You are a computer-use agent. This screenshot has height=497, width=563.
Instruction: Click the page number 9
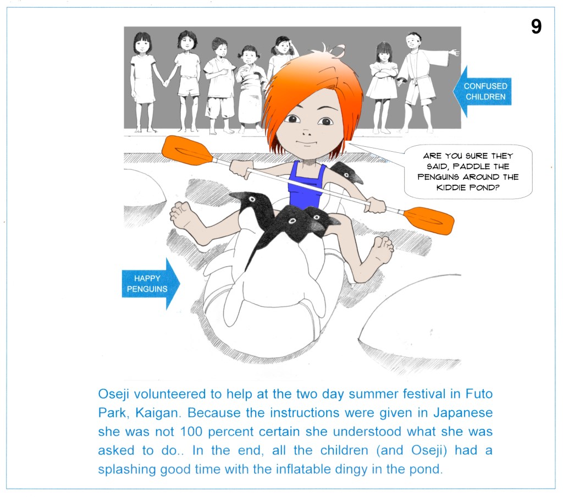point(536,26)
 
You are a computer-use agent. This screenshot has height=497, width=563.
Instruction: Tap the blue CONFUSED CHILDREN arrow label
point(482,91)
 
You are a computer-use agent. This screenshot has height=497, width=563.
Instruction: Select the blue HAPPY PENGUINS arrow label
point(151,284)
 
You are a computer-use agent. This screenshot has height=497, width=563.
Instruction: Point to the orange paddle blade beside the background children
point(186,150)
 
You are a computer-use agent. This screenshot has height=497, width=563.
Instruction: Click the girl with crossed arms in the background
point(383,86)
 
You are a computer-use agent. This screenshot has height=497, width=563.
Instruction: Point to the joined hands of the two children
point(166,83)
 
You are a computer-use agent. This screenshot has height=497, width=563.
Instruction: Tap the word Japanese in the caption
point(463,413)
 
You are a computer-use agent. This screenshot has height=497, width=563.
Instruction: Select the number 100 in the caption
point(191,432)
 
